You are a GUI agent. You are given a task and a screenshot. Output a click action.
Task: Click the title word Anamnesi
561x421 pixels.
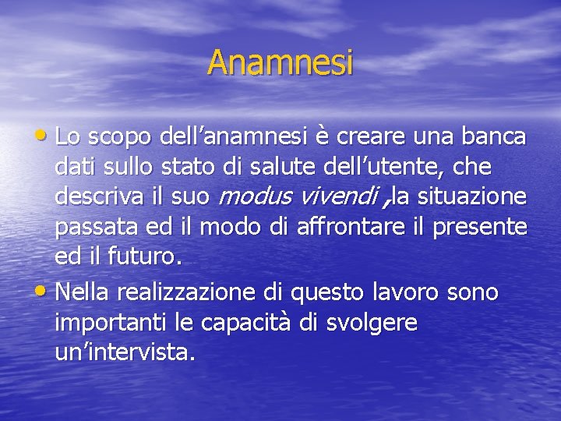coord(280,63)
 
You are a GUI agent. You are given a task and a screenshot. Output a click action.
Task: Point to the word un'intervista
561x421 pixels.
coord(125,352)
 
